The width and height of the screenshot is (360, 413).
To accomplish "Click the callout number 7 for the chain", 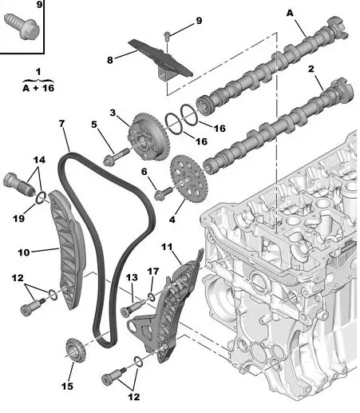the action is click(61, 123).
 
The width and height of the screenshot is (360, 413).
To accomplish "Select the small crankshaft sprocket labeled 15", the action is click(75, 350).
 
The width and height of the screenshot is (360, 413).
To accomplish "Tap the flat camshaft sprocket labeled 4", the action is click(189, 179).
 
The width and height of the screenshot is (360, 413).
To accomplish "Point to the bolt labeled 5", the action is click(117, 157).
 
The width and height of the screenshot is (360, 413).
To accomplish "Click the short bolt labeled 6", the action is click(164, 194).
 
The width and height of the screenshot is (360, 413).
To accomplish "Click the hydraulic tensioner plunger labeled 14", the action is click(19, 183).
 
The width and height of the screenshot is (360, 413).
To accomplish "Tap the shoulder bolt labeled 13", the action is click(133, 308).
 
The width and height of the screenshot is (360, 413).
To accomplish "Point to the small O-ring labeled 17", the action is click(152, 297).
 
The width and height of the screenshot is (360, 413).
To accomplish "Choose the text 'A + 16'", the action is click(38, 88).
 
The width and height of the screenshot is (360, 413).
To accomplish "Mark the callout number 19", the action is click(18, 218).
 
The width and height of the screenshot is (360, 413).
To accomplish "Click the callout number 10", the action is click(24, 252).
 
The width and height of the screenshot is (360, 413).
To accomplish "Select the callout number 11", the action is click(167, 247).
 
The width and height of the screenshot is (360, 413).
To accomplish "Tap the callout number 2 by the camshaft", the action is click(311, 69).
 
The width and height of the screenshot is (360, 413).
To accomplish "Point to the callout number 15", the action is click(67, 386).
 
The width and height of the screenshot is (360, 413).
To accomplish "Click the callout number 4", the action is click(172, 220).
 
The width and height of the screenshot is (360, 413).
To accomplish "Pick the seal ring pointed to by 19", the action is click(41, 197).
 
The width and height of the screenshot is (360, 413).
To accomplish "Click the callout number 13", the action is click(132, 277).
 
